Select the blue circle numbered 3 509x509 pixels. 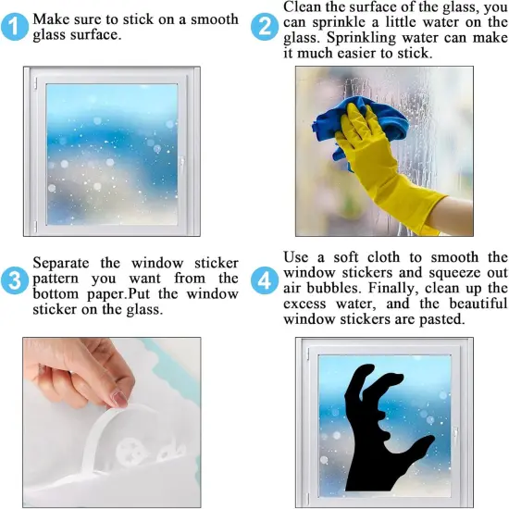coord(14,279)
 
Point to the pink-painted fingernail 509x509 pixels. coord(119,398)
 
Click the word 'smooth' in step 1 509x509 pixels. coord(213,19)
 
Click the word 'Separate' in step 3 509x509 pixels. coord(65,263)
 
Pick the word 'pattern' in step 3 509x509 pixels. coord(62,278)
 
